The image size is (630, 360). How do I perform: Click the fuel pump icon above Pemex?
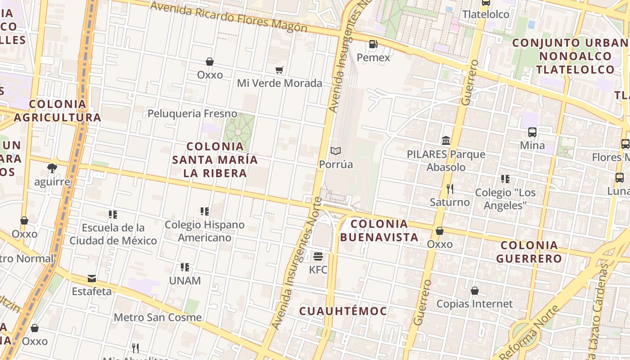[x=373, y=44]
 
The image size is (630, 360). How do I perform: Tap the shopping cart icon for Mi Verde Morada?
[x=279, y=70]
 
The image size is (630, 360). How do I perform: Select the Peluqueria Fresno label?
[x=192, y=113]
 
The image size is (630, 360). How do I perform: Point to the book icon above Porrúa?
[x=336, y=151]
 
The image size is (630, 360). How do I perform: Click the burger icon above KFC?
[x=318, y=257]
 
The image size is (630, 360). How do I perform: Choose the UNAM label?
[x=185, y=280]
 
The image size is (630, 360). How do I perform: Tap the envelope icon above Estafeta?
[x=92, y=279]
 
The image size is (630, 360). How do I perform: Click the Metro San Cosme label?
[x=157, y=317]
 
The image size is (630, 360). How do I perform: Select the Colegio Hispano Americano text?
[x=205, y=231]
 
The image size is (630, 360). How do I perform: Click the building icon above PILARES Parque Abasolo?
[x=446, y=141]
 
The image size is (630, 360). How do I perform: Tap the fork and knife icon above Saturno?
[x=450, y=189]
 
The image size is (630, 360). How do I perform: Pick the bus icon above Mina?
[x=532, y=132]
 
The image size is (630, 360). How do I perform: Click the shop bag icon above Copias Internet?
[x=475, y=291]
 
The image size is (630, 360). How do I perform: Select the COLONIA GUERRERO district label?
[x=529, y=252]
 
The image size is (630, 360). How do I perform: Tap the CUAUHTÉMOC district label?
[x=343, y=311]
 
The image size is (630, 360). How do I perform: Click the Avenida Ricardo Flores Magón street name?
[x=229, y=18]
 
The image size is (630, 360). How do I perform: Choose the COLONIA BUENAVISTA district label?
[x=379, y=230]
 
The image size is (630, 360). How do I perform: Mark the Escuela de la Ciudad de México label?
[x=113, y=234]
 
